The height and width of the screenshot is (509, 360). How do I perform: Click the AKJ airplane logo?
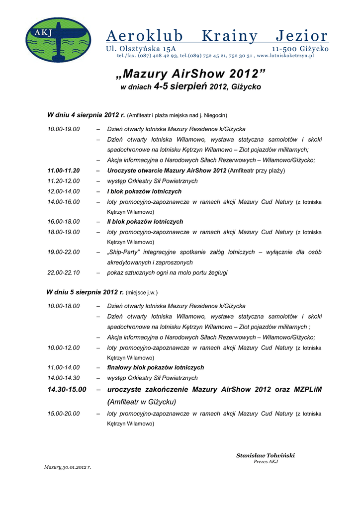58,40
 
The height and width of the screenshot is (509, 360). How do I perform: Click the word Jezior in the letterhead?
302,36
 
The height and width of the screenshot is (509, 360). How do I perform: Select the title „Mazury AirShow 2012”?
190,74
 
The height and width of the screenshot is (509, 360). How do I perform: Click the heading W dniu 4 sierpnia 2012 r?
86,115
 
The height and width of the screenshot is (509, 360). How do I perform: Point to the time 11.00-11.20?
64,170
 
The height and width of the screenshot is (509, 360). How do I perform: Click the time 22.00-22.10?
64,272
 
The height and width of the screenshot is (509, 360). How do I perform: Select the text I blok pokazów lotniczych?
144,191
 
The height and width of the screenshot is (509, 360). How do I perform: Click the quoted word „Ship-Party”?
124,252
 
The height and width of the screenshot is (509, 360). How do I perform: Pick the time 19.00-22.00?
64,252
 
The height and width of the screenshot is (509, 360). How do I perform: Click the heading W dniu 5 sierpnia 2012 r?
85,292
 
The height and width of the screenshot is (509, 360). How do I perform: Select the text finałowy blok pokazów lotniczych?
156,367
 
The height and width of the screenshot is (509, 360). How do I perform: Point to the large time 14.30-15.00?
67,389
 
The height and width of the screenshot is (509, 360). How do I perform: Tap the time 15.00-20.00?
64,414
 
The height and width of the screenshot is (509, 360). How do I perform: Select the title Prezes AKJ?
266,462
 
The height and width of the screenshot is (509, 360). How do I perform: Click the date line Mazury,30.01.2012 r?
68,467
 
